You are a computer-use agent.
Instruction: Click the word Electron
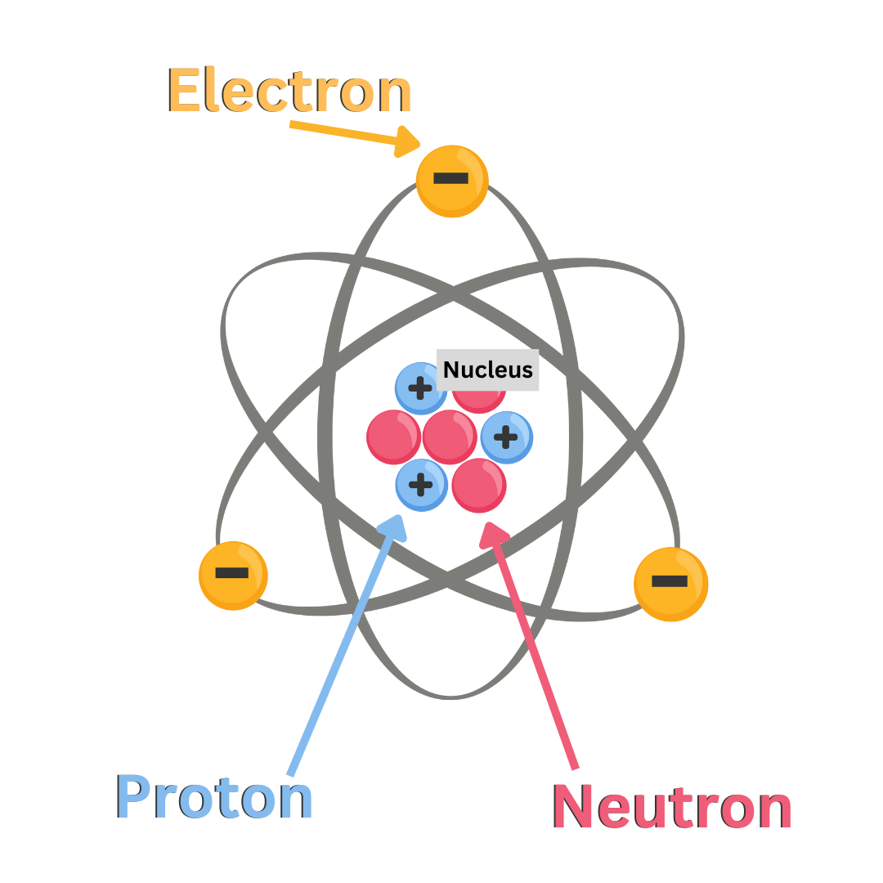pos(289,90)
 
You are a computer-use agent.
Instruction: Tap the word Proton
pos(214,797)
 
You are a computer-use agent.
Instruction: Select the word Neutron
pos(672,807)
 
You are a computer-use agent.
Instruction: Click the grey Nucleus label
pos(487,370)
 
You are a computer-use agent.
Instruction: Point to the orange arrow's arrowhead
pos(406,141)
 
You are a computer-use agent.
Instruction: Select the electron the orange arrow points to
pos(452,181)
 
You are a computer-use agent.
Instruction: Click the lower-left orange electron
pos(233,575)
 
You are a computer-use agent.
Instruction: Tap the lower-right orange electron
pos(670,584)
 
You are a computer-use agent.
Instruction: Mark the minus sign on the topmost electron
pos(450,178)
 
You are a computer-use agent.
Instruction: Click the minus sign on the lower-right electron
pos(669,581)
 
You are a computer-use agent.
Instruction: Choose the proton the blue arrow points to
pos(421,485)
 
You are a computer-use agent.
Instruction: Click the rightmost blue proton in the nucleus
pos(507,437)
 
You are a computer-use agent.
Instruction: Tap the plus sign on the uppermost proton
pos(420,388)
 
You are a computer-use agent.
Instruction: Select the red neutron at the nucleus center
pos(450,437)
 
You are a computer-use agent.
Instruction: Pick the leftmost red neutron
pos(393,437)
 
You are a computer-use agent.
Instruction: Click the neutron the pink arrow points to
pos(479,486)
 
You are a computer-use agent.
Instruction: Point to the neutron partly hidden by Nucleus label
pos(478,399)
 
